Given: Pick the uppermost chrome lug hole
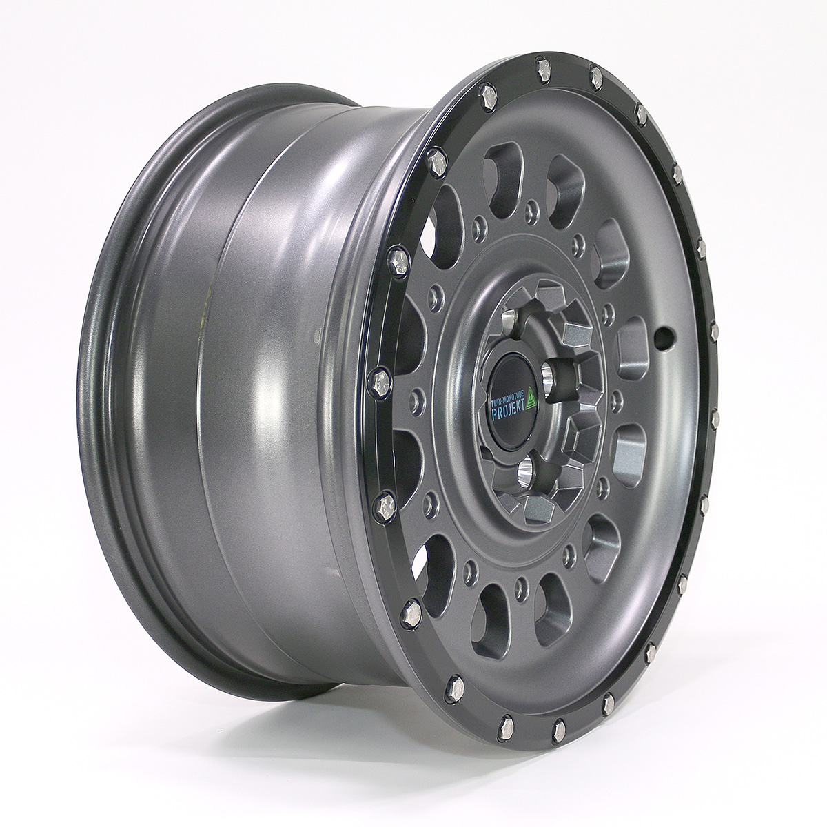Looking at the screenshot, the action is click(509, 318).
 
